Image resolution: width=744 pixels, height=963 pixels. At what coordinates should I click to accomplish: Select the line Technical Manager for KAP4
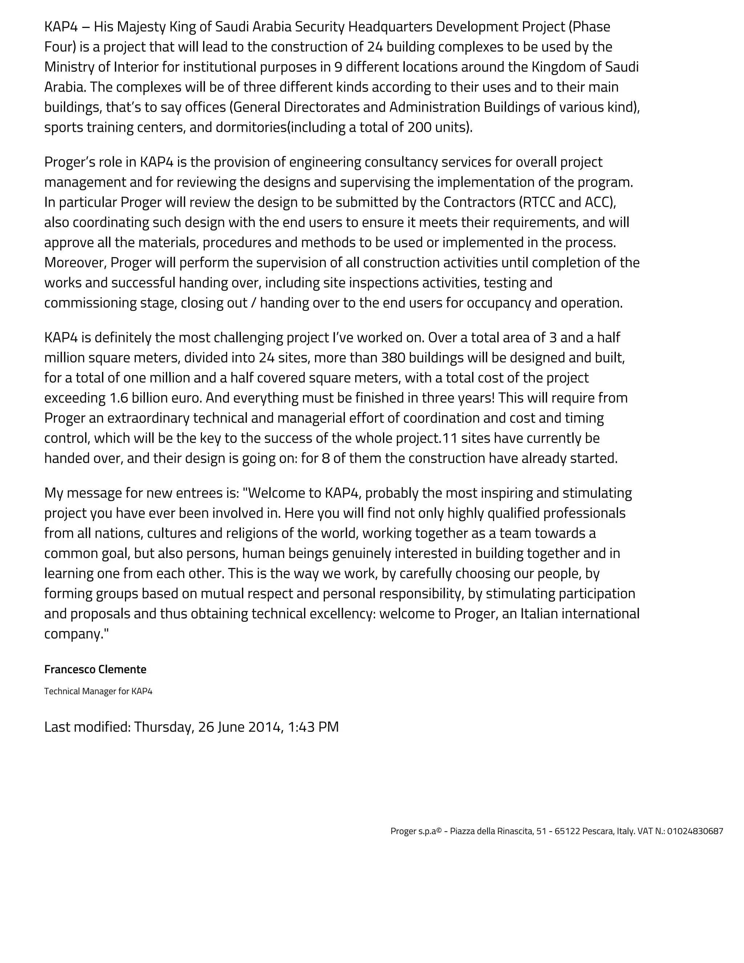pos(98,691)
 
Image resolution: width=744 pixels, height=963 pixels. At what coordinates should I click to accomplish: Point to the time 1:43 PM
pos(313,727)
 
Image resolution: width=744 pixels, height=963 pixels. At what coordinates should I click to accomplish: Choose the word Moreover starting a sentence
pos(75,262)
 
